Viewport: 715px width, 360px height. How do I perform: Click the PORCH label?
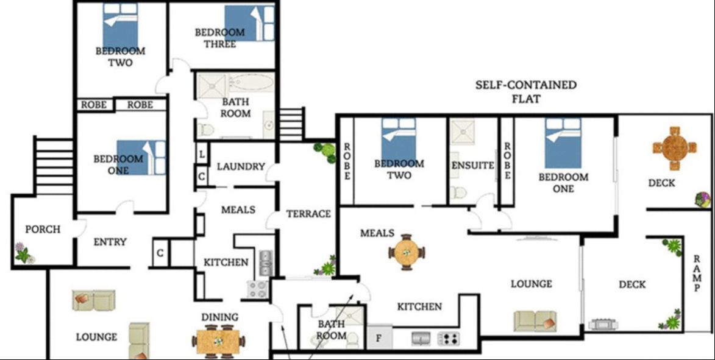[43, 230]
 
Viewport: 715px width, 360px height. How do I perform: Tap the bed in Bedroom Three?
[249, 23]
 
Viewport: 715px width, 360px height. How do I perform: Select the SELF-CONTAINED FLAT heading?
[525, 91]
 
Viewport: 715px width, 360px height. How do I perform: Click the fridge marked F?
[379, 339]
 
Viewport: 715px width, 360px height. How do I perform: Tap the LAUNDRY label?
[241, 166]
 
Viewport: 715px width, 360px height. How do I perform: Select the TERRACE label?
[308, 214]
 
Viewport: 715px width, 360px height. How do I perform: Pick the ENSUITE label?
[472, 165]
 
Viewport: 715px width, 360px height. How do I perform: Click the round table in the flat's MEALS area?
[407, 252]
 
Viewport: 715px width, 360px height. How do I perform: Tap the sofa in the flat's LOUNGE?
[535, 320]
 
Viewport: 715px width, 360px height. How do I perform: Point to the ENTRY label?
[110, 242]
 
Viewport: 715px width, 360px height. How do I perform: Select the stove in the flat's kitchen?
[448, 339]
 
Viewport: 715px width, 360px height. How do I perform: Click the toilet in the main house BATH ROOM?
[206, 129]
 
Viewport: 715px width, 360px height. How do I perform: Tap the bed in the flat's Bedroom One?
[563, 143]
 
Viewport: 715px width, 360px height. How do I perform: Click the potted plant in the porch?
[23, 253]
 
